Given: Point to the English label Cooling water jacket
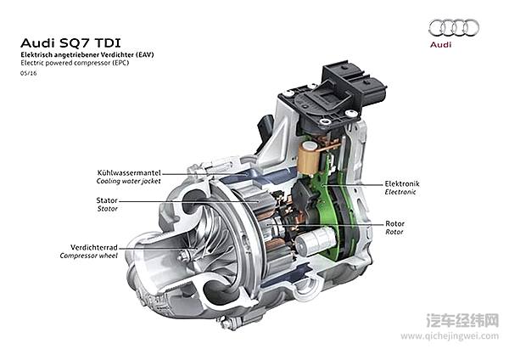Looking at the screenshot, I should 129,181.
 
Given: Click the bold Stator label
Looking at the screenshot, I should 107,200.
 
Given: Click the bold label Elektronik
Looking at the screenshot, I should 402,183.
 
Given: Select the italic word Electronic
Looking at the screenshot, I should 400,192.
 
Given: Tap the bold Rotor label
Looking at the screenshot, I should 395,222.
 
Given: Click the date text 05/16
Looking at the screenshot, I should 28,73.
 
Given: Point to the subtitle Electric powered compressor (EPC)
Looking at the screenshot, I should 75,63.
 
